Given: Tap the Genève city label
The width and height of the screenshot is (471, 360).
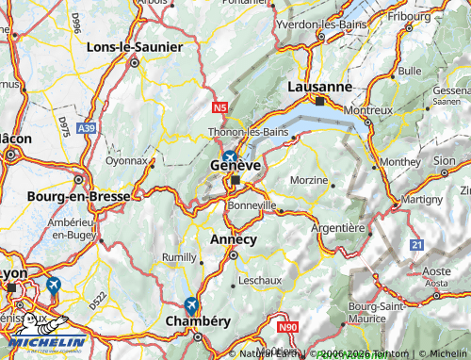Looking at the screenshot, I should click(235, 165).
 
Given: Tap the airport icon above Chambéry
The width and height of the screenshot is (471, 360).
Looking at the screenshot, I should click(191, 304).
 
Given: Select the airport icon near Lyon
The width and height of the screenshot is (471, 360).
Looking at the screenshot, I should click(53, 285).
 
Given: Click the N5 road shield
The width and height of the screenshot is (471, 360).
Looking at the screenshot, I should click(220, 108).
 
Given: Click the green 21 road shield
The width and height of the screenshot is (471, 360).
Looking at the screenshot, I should click(415, 244).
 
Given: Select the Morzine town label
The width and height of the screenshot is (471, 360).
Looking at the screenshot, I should click(309, 179).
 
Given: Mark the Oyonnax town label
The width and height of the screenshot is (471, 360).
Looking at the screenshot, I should click(125, 160).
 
